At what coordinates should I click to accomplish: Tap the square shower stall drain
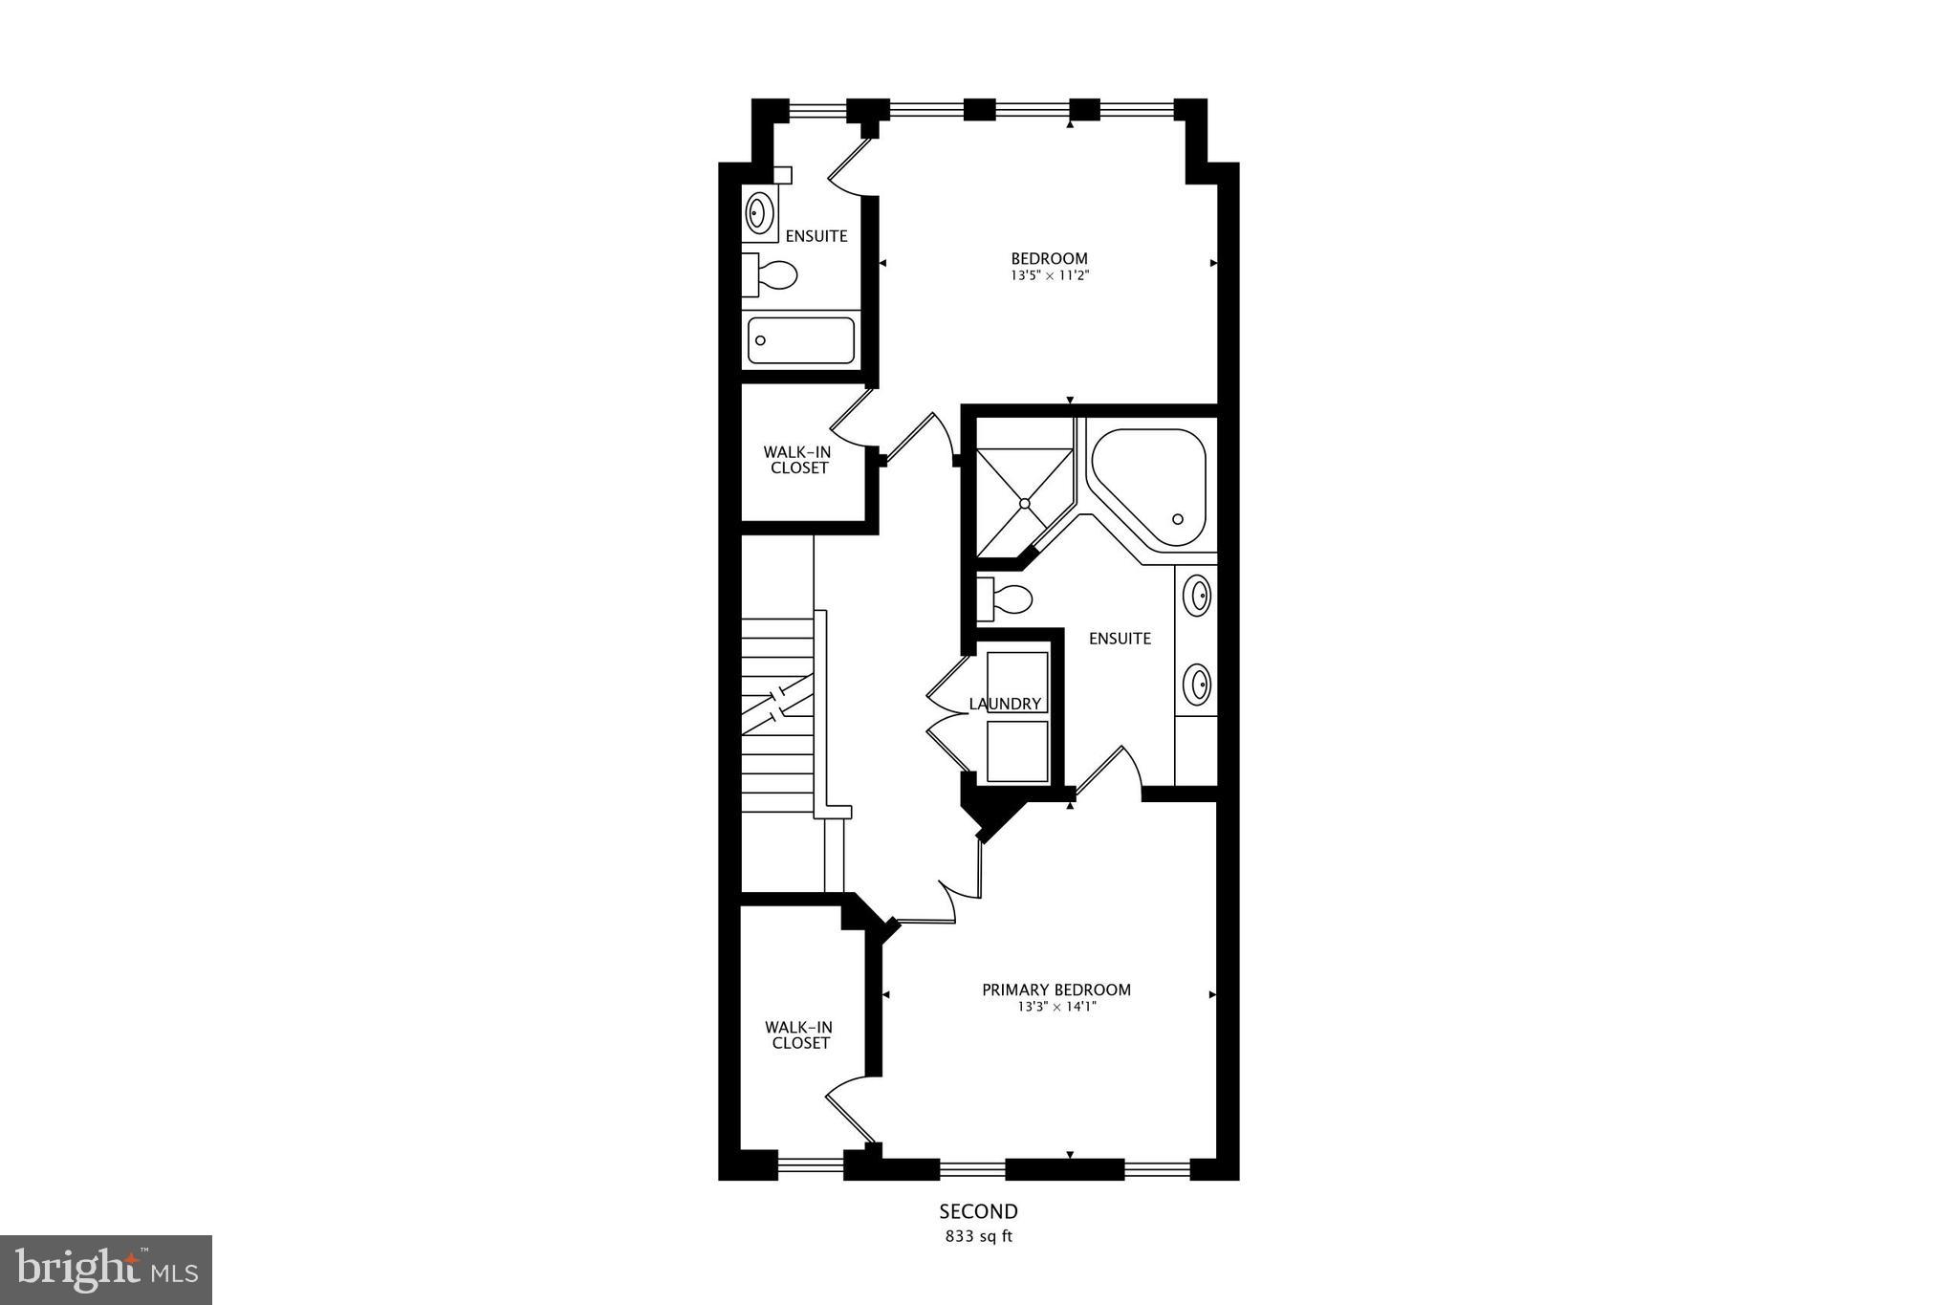click(x=1024, y=502)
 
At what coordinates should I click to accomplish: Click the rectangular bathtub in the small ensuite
click(x=800, y=340)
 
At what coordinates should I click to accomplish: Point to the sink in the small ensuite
click(x=761, y=212)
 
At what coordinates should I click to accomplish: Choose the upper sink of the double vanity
click(x=1197, y=596)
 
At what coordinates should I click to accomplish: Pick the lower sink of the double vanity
click(x=1197, y=685)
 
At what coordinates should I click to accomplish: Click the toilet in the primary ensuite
click(x=1005, y=600)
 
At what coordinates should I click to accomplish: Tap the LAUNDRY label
click(x=1005, y=704)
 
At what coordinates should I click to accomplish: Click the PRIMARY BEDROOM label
click(x=1056, y=990)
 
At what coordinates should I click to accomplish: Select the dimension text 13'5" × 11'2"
click(x=1049, y=275)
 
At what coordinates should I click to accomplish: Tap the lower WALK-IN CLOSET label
click(x=800, y=1035)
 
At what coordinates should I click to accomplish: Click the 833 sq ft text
click(x=978, y=1236)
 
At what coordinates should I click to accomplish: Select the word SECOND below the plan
click(x=978, y=1212)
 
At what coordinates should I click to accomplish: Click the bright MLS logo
click(x=106, y=1270)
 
